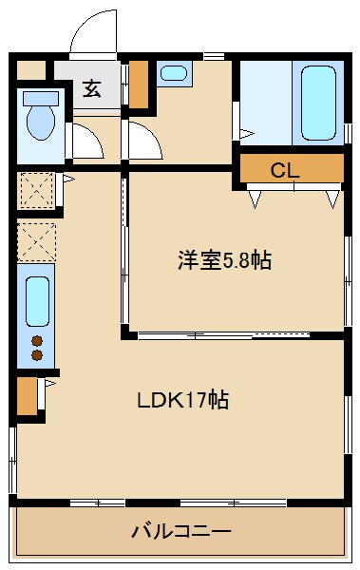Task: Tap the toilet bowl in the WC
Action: coord(40,120)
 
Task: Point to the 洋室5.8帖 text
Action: coord(224,260)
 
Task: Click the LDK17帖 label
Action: coord(182,399)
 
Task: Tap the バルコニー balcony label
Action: coord(180,530)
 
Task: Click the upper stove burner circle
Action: coord(37,340)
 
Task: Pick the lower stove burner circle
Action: coord(37,356)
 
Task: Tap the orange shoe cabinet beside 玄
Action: coord(139,85)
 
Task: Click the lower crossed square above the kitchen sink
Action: coord(37,240)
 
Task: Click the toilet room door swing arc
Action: coord(88,140)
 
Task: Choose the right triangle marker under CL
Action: coord(332,198)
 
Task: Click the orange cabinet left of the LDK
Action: coord(27,395)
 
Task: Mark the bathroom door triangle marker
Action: coord(245,134)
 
